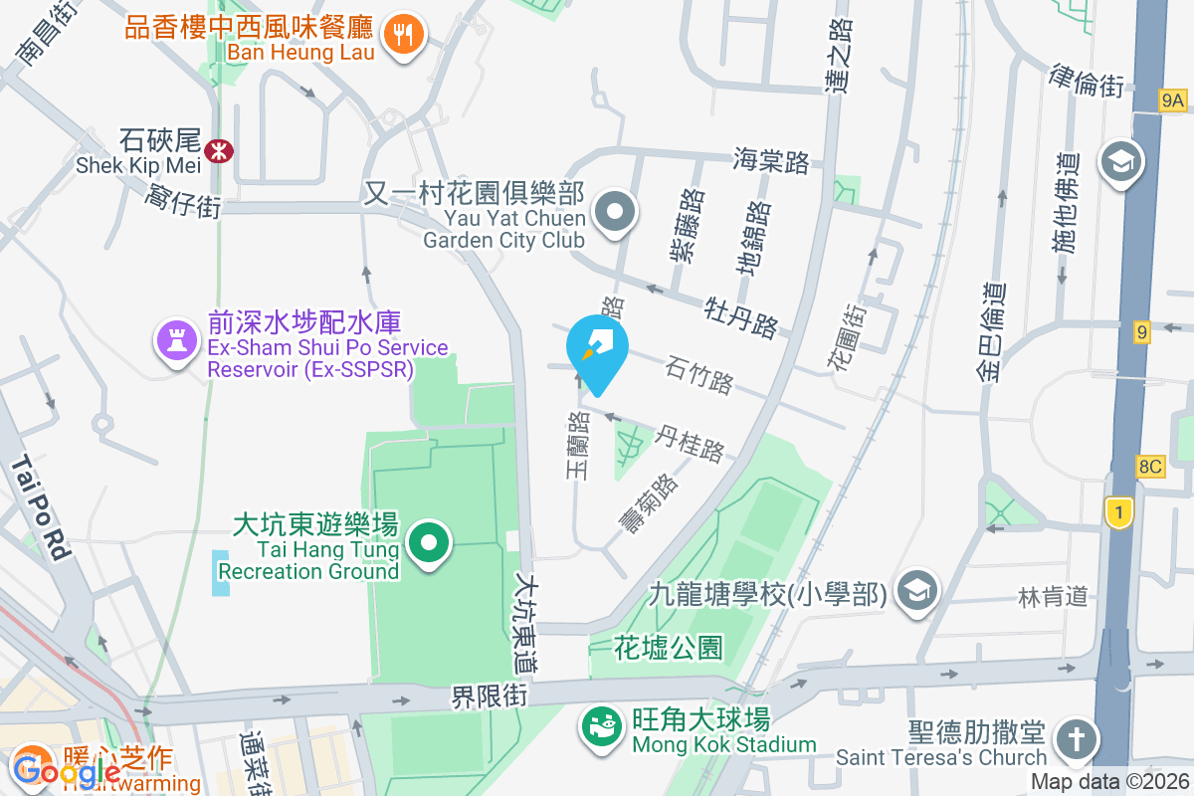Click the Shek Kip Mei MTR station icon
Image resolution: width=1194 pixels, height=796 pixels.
[x=218, y=150]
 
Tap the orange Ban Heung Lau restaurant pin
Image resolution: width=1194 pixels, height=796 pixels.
[x=403, y=36]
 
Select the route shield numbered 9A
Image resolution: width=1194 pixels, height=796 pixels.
[x=1173, y=99]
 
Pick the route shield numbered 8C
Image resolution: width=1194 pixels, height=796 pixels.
[x=1149, y=467]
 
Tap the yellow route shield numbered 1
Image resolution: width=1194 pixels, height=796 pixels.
[x=1119, y=511]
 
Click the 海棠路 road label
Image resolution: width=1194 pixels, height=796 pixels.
[x=770, y=160]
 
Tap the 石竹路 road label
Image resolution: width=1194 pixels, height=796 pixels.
[x=699, y=376]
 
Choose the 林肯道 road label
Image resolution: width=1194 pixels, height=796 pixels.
[x=1054, y=597]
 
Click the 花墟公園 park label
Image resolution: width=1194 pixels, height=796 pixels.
[x=668, y=649]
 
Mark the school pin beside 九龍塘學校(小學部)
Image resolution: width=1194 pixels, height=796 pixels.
[x=915, y=591]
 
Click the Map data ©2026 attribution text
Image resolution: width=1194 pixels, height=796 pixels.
[x=1109, y=782]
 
